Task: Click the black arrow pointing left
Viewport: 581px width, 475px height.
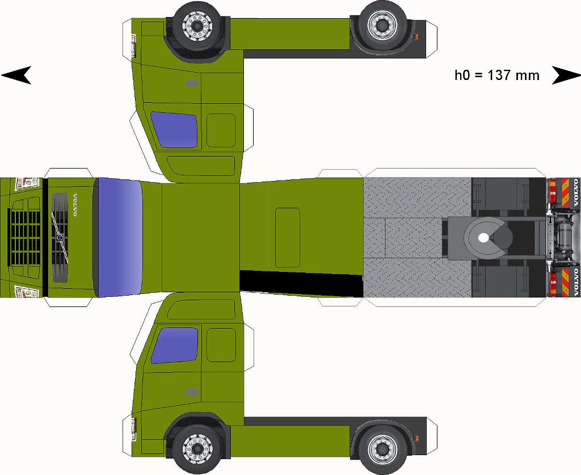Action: click(x=16, y=75)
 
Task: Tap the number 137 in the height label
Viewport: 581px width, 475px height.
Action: click(x=499, y=75)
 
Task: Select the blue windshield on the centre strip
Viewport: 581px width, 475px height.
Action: click(x=119, y=237)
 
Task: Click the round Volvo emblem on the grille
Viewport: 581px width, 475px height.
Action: click(x=59, y=238)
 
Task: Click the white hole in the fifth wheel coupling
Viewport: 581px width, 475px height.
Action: click(x=483, y=238)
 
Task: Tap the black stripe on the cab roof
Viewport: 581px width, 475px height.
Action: click(x=301, y=283)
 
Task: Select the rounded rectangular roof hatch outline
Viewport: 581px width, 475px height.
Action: click(x=287, y=237)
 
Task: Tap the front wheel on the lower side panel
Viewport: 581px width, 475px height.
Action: click(x=196, y=448)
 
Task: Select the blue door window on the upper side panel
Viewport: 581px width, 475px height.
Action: click(x=174, y=129)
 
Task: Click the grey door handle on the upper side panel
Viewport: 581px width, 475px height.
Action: click(x=192, y=83)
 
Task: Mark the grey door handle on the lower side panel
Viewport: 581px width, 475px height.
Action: click(x=192, y=392)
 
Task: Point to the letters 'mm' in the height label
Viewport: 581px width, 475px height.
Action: click(x=527, y=75)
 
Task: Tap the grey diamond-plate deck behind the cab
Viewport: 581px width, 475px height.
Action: click(x=416, y=199)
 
